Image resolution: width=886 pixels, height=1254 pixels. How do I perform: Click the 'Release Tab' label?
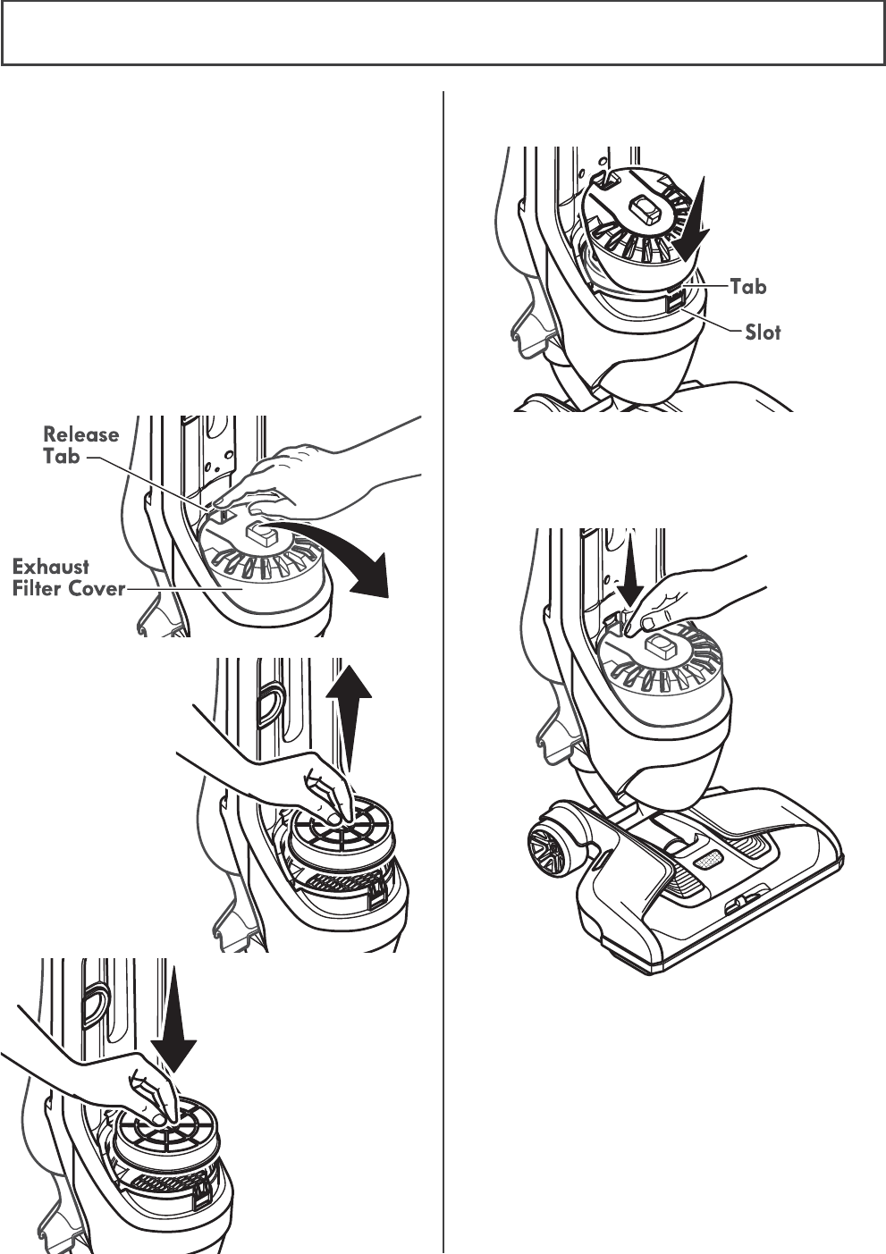(x=81, y=444)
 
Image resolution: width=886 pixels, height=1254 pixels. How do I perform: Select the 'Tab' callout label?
(x=748, y=286)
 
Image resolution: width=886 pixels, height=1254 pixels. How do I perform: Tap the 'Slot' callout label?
(x=762, y=332)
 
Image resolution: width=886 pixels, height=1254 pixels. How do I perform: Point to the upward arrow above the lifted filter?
(x=350, y=707)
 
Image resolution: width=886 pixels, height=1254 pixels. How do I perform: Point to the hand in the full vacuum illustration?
(x=688, y=599)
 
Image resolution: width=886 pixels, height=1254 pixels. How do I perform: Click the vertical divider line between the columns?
(x=443, y=670)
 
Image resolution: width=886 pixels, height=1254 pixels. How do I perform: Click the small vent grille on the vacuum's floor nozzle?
(x=708, y=858)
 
